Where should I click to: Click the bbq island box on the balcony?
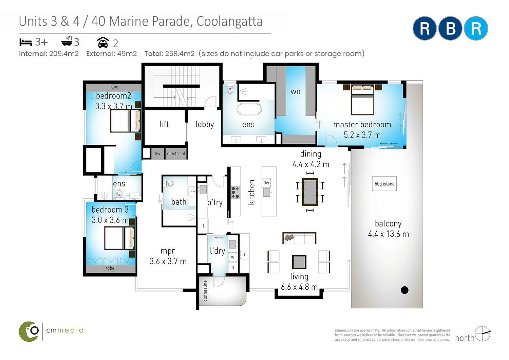coord(384,183)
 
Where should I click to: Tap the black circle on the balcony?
coord(404,290)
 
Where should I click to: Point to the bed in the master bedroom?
coord(362,100)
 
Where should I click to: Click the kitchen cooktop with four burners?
coord(235,192)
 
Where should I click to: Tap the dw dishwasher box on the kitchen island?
coord(266,182)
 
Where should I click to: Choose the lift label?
coord(164,124)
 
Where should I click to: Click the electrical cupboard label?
coord(176,154)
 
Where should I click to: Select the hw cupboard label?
coord(157,154)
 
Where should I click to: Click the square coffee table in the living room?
coord(299,262)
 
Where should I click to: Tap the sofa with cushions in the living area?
coord(299,238)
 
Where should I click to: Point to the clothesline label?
coord(205,291)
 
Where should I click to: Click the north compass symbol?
coord(483,334)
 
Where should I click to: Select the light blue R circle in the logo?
coord(476,29)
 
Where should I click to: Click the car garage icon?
coord(103,42)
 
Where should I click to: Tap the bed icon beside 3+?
coord(25,42)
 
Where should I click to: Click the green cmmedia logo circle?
coord(29,331)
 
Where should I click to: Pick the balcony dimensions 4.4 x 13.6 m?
coord(388,234)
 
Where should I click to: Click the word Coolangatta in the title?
coord(229,21)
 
